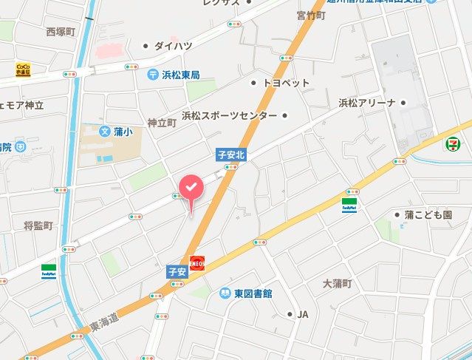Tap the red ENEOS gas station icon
pos(197,262)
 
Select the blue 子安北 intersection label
pos(230,155)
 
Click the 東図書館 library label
pos(248,293)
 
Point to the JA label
pos(302,314)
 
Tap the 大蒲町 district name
pos(338,284)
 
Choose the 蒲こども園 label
pos(427,214)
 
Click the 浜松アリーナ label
pos(367,102)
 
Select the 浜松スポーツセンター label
pos(230,116)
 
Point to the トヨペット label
pos(286,83)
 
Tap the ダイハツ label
pos(173,46)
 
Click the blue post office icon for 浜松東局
pos(151,74)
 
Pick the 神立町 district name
pos(161,123)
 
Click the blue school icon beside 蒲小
pos(104,132)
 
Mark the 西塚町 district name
pos(61,32)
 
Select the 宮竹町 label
pos(312,16)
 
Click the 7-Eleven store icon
pos(451,144)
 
